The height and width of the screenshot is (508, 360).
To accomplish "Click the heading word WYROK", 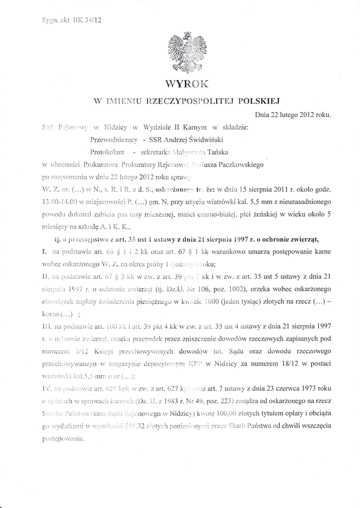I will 187,82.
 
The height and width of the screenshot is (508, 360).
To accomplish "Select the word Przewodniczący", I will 110,139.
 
